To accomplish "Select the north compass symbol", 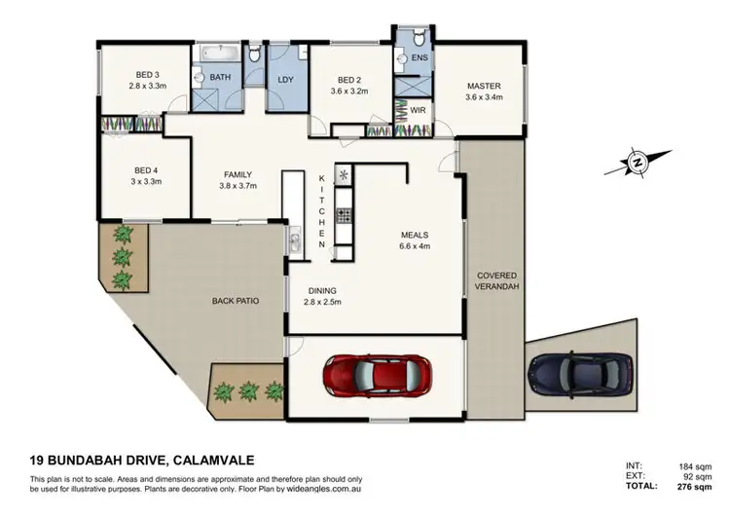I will (639, 161).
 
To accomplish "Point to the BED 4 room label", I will (141, 170).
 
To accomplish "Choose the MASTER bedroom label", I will (483, 86).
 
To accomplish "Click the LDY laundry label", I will (286, 80).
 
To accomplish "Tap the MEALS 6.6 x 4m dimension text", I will (416, 245).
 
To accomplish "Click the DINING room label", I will (322, 290).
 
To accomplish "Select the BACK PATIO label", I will (235, 302).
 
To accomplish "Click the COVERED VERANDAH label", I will (496, 282).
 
